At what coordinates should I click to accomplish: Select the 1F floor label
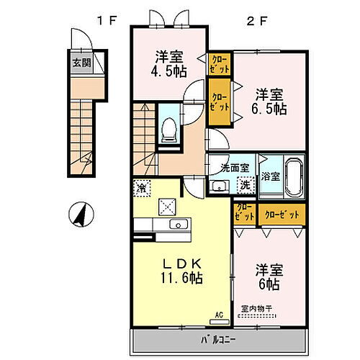coord(108,21)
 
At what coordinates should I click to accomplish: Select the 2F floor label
coord(258,21)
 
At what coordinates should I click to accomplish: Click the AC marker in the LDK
coord(220,314)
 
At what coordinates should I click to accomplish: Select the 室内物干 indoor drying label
coord(256,308)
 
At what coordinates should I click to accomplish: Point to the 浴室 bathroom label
coord(270,175)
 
